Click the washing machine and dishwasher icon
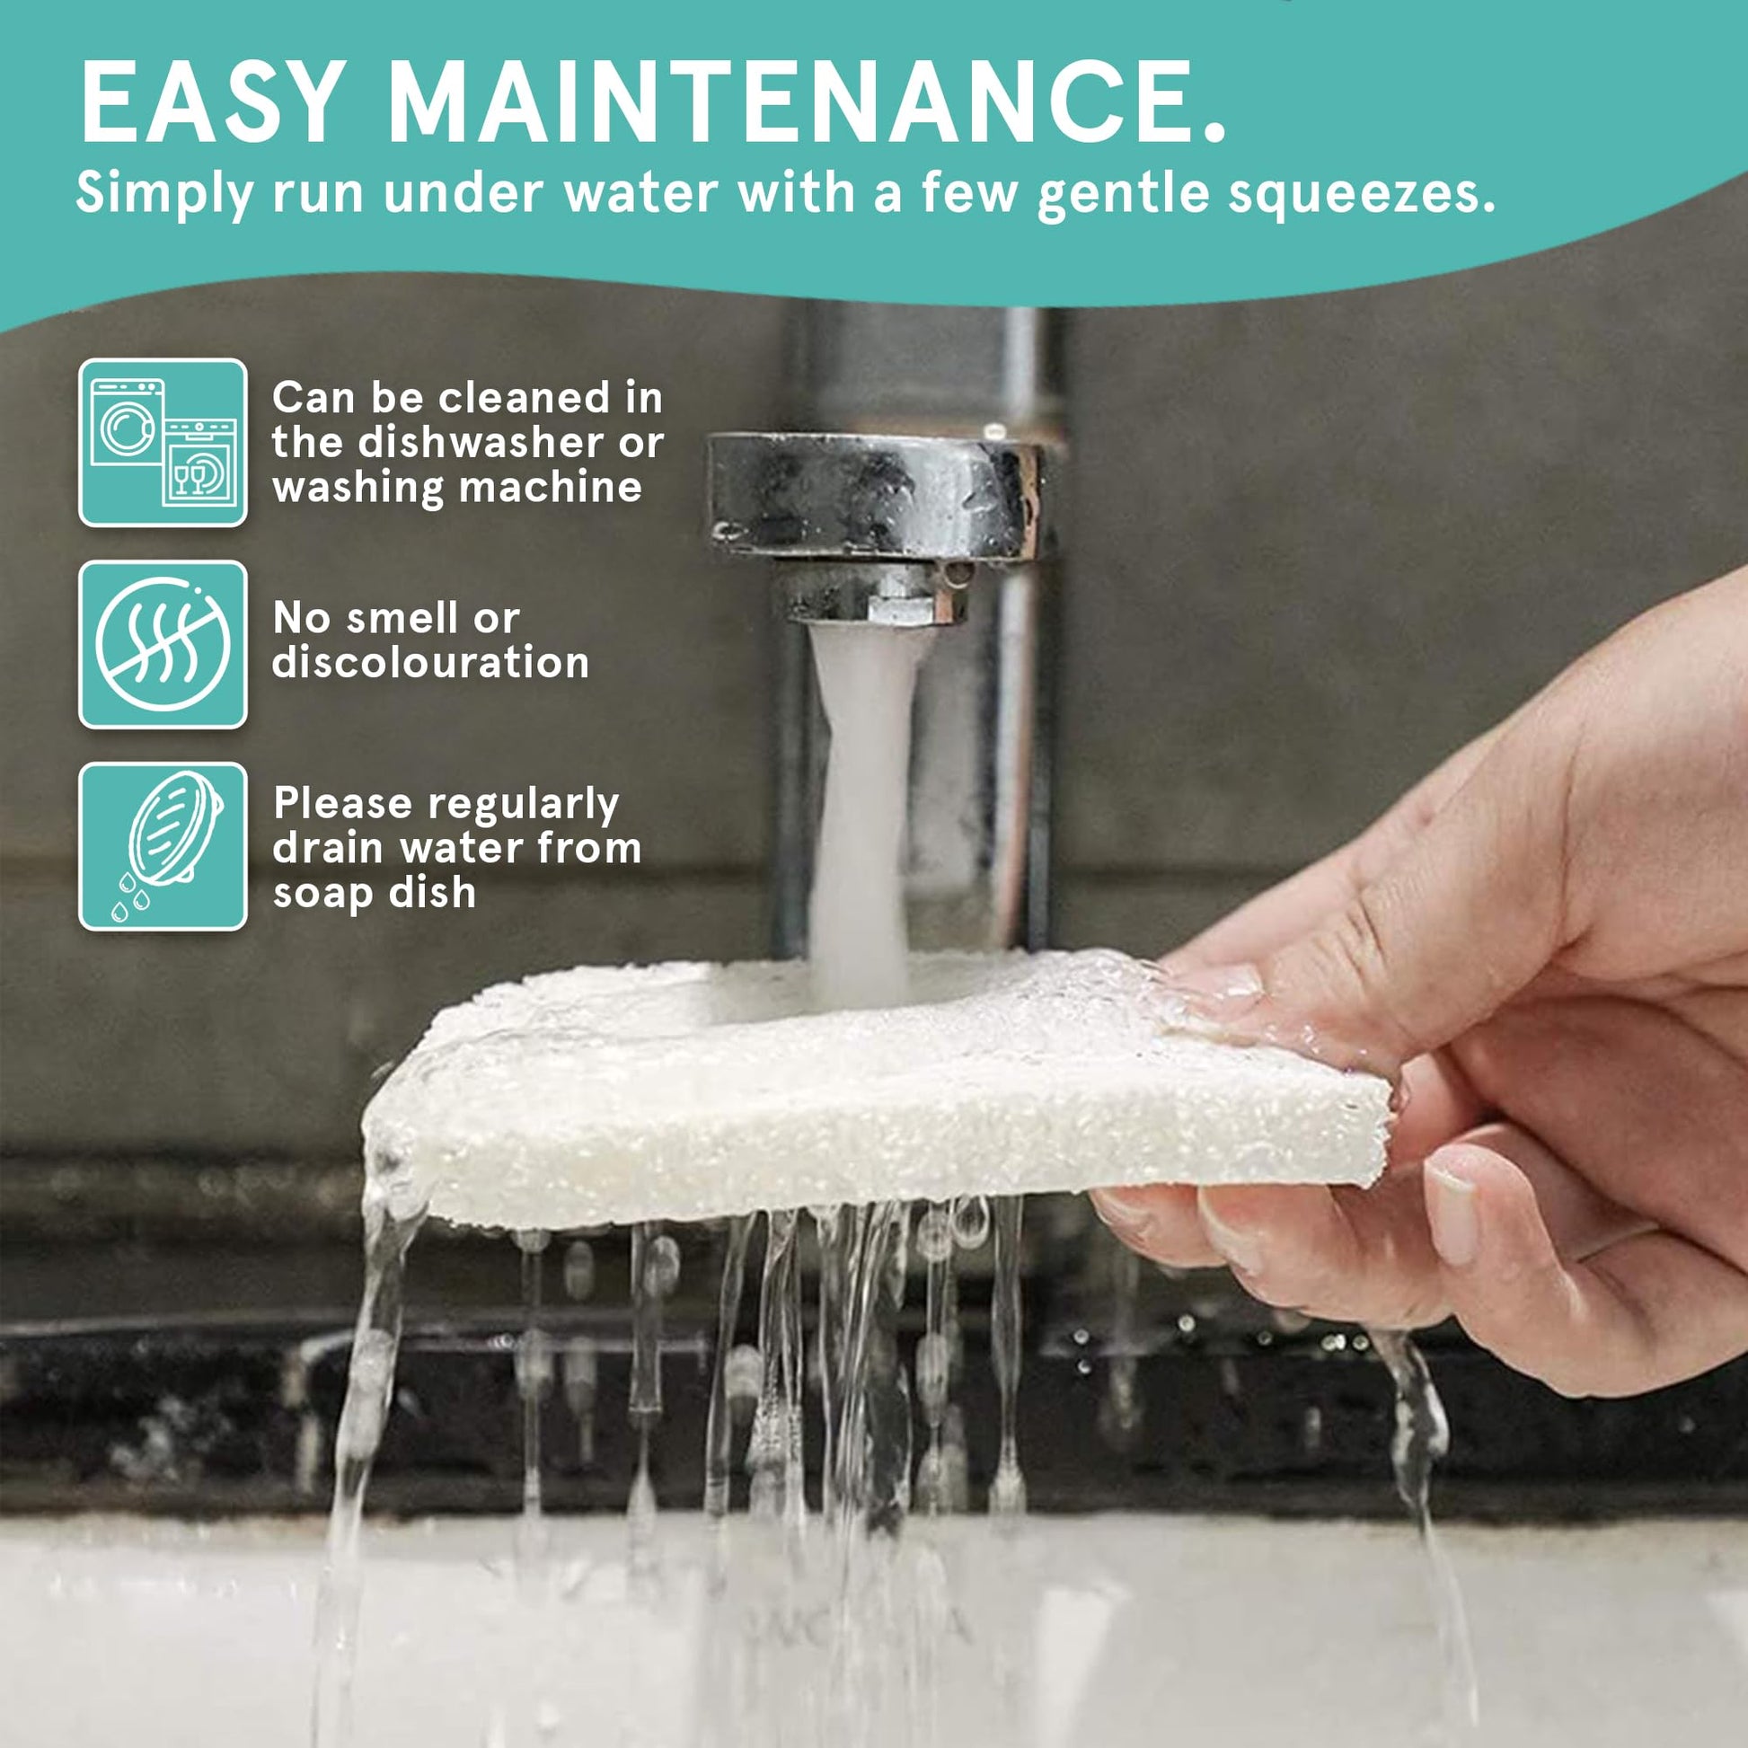point(163,443)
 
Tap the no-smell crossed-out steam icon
point(163,645)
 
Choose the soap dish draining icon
point(163,847)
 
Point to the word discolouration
point(430,662)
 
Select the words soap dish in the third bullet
point(375,893)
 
